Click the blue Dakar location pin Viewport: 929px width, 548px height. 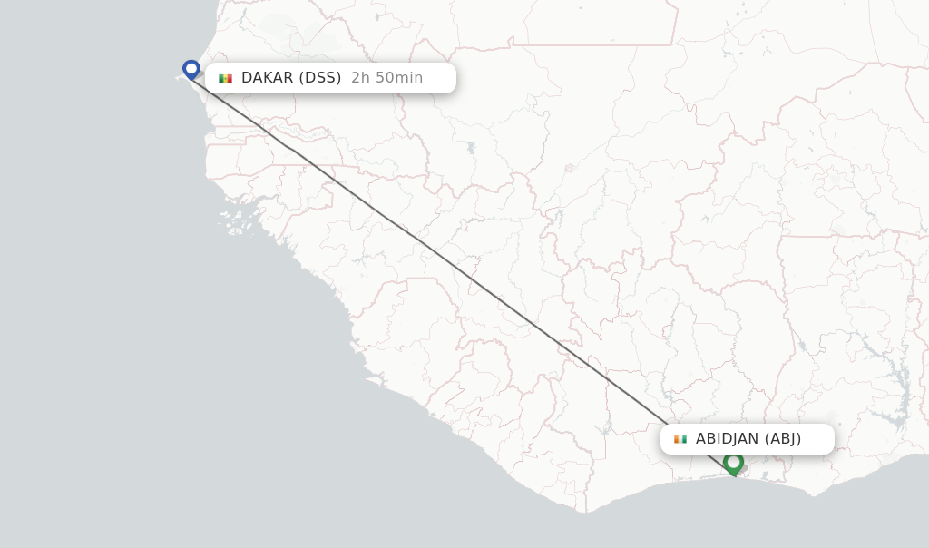[191, 69]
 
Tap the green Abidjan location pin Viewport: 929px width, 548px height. [733, 463]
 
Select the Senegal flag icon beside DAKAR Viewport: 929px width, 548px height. [225, 78]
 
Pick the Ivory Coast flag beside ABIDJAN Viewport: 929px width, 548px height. [680, 439]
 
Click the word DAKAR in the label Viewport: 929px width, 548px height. [267, 78]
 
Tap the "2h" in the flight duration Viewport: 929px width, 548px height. [360, 78]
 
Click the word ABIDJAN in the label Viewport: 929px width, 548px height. [728, 439]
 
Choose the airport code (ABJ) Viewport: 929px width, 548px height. [783, 439]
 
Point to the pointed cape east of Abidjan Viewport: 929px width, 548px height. [813, 494]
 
